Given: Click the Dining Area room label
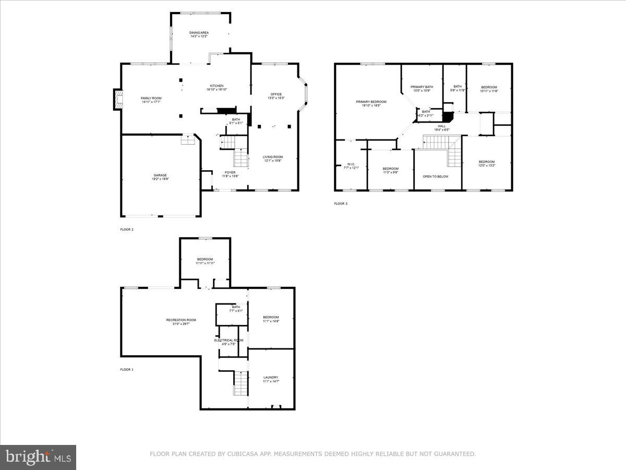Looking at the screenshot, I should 199,33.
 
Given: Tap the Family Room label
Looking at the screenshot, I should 151,98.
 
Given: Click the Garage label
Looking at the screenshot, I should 160,175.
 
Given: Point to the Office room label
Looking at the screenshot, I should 276,94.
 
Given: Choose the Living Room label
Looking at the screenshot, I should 272,157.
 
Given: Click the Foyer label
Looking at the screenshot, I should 230,172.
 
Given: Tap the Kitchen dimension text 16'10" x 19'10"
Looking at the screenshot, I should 217,89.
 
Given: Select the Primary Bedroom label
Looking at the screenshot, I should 371,101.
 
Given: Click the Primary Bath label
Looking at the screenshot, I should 422,87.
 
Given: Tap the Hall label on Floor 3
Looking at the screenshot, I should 442,126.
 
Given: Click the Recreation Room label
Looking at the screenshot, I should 181,320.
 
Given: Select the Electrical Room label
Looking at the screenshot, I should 228,340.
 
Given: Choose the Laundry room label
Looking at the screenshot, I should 271,377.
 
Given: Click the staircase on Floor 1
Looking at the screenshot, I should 240,383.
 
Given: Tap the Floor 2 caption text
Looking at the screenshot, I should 127,229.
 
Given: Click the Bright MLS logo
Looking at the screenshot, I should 38,457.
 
